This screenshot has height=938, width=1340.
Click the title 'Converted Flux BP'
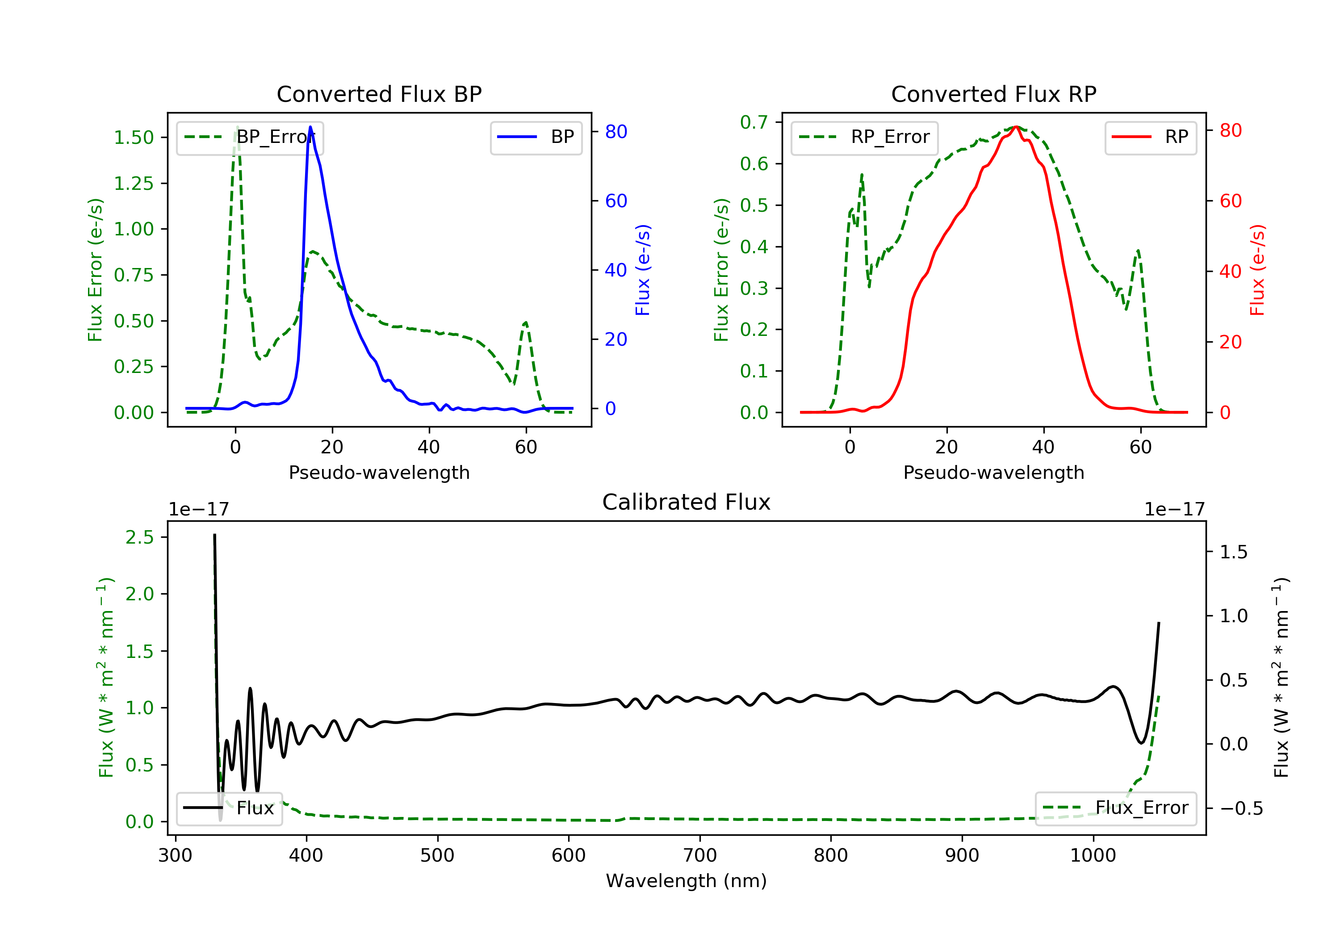(379, 94)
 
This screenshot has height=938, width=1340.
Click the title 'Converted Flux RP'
(993, 94)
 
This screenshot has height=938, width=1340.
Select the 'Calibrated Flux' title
(687, 502)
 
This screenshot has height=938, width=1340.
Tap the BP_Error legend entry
(250, 137)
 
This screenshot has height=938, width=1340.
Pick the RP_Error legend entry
(864, 137)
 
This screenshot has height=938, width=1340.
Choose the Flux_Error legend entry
(1115, 808)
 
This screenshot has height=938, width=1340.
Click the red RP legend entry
(1150, 137)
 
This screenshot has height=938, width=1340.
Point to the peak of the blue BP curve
(310, 127)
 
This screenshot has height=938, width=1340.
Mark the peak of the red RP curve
(1016, 127)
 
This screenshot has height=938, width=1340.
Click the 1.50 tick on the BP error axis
(134, 138)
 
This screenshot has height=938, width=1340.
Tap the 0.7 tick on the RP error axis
(754, 122)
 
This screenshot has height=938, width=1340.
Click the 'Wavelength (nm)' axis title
(687, 881)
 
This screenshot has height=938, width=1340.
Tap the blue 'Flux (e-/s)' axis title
(643, 270)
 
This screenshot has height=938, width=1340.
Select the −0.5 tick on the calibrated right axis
(1241, 808)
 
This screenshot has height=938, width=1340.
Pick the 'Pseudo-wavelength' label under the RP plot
(993, 472)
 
